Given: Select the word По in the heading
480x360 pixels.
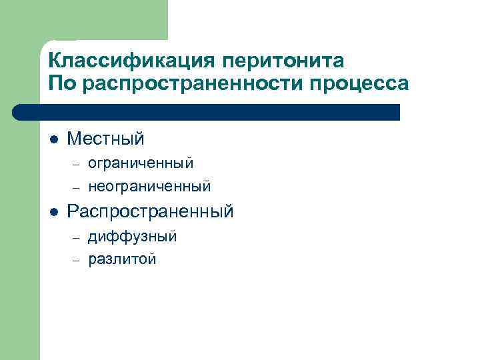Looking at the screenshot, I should [61, 84].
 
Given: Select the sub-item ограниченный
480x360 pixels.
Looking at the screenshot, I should [141, 162].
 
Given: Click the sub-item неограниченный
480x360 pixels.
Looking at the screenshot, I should [149, 185].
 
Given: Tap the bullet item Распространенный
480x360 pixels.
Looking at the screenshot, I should [150, 212].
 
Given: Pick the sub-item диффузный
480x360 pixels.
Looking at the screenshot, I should [132, 236].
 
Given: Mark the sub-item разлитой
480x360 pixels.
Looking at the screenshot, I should [122, 259].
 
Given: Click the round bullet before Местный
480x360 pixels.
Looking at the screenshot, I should [53, 140].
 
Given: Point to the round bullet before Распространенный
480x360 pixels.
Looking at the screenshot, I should [53, 213].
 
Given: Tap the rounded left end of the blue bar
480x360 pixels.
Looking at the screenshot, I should [19, 112].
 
